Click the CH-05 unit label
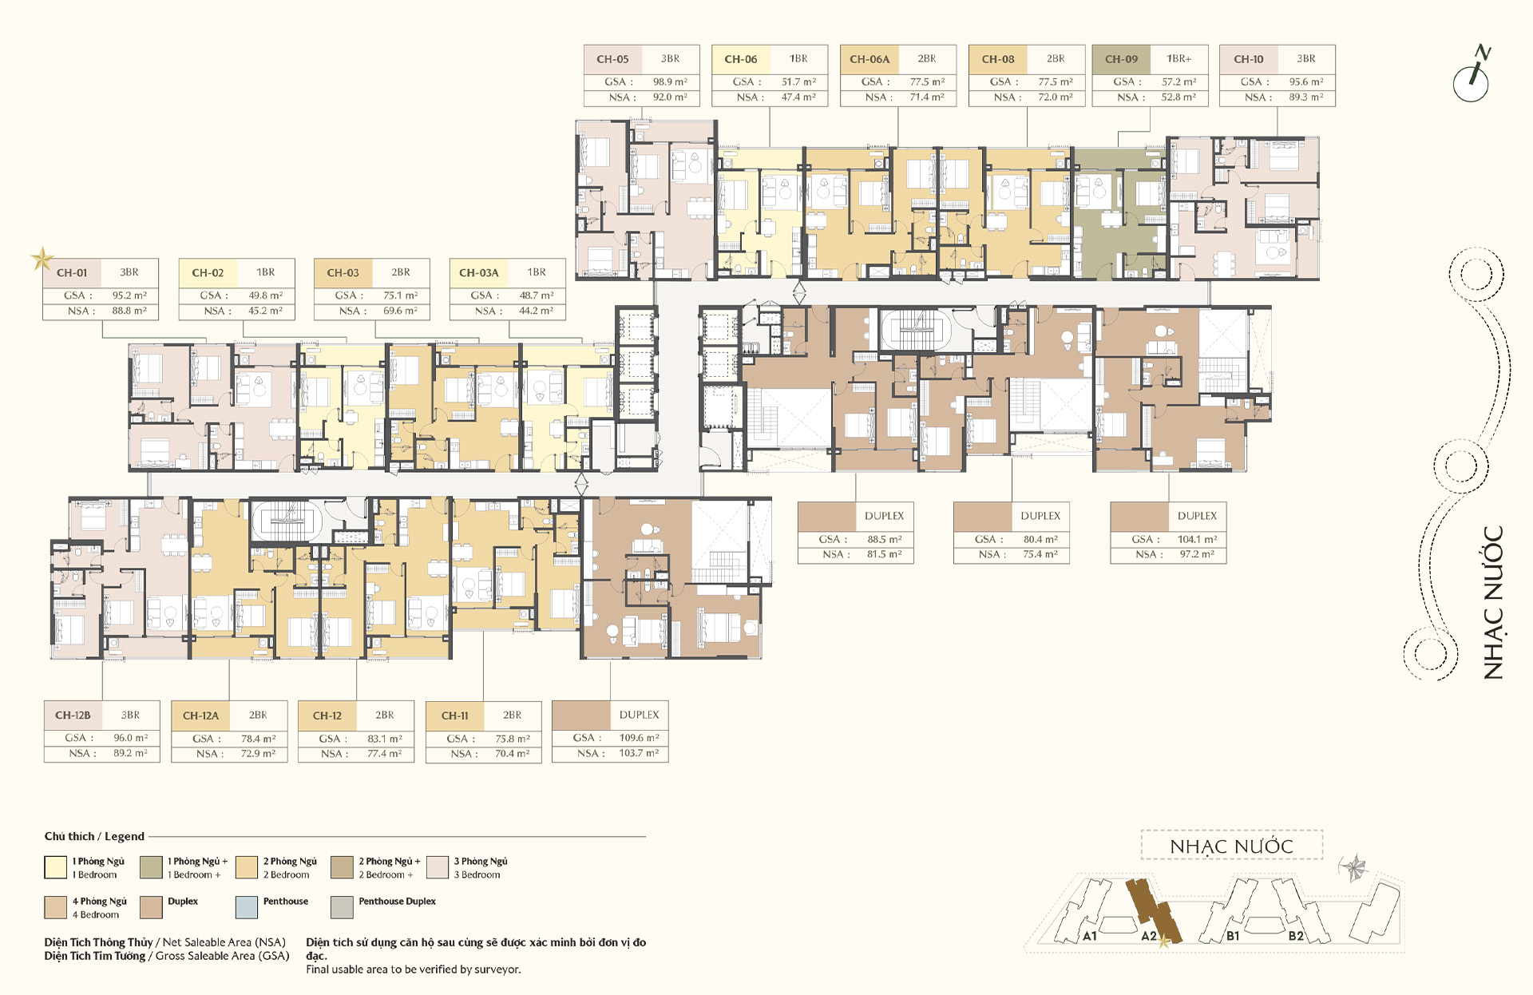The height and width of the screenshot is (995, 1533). (x=612, y=59)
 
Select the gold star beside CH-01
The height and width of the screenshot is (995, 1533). (x=42, y=259)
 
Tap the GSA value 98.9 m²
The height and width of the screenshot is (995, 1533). (x=670, y=81)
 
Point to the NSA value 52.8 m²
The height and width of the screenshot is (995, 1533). (x=1178, y=97)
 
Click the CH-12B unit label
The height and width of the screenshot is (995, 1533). (x=73, y=716)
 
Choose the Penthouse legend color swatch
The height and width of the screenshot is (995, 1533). (x=247, y=907)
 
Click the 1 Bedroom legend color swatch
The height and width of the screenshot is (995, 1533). (x=56, y=867)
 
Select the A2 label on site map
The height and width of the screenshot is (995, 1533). (x=1148, y=936)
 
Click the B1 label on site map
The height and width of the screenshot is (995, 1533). (x=1233, y=936)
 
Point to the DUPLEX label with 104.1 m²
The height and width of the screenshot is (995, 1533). (x=1197, y=516)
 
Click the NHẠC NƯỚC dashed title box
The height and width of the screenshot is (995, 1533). (x=1232, y=846)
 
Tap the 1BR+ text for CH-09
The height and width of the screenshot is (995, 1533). (x=1178, y=59)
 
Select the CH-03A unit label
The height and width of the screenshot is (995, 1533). (x=478, y=273)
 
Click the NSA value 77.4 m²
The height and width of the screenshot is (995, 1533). (x=384, y=754)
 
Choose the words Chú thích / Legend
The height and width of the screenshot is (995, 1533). (x=94, y=836)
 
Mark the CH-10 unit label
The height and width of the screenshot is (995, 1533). (x=1249, y=59)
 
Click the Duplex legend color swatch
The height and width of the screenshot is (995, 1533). (x=151, y=907)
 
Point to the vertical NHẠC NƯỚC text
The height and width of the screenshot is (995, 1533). (x=1493, y=603)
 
